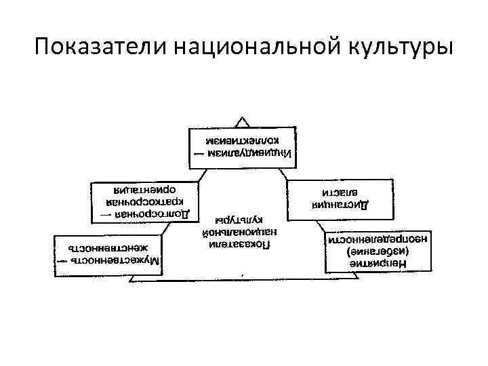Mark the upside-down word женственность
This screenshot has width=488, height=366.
point(108,247)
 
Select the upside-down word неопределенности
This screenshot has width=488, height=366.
point(369,239)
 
